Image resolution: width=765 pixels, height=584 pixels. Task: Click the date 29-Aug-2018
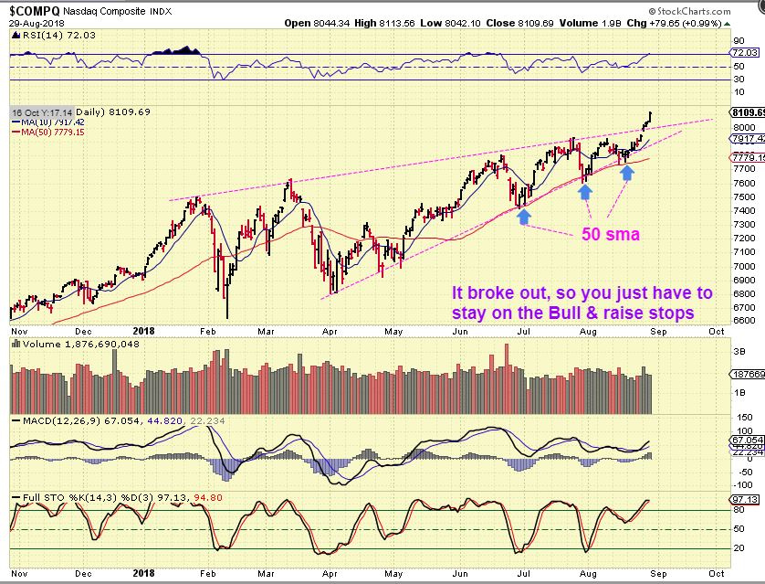(x=33, y=24)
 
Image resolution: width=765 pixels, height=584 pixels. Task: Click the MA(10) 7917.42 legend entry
(x=49, y=122)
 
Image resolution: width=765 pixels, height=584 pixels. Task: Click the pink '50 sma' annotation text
(x=611, y=235)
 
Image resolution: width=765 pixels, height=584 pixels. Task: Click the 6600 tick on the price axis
(x=742, y=321)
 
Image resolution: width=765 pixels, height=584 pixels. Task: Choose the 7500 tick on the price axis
(x=742, y=196)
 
